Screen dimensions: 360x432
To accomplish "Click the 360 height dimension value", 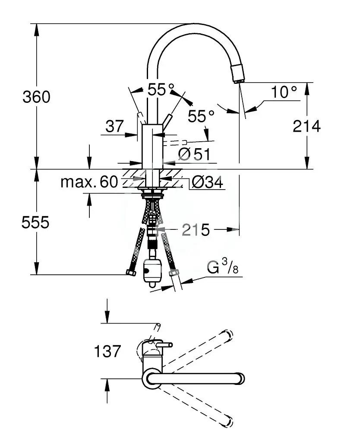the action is (36, 97).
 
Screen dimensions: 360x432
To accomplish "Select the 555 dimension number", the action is (35, 222).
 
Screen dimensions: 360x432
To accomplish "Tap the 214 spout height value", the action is (306, 126).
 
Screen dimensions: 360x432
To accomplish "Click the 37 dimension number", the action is (115, 126).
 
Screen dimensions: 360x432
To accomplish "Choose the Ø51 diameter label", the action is (194, 154).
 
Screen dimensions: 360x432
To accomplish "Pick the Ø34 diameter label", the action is (207, 182).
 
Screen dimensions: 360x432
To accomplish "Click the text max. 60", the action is (89, 181).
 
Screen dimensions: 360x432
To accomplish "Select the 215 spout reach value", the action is (196, 229).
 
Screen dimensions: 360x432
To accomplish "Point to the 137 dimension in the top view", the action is (107, 351).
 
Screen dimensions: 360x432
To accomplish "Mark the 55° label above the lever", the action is (161, 89).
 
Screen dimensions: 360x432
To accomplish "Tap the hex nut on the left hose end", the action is (131, 273).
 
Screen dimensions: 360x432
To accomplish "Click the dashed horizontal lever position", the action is (175, 142).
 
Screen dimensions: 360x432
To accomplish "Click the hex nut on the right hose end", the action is (173, 273).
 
